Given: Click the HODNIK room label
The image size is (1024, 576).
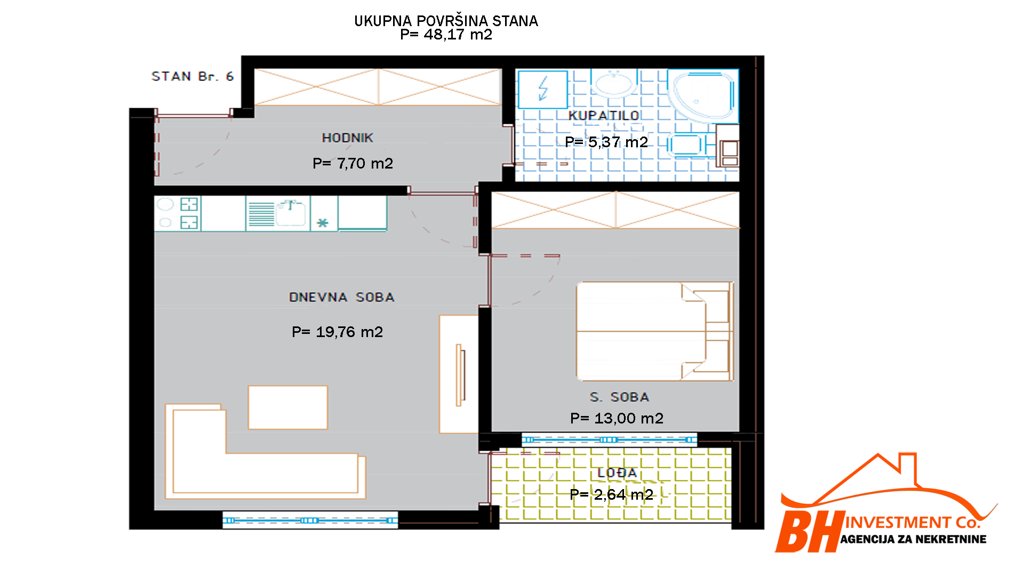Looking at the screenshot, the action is pos(347,138).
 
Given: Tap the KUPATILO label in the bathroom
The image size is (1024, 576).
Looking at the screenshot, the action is pos(603,115).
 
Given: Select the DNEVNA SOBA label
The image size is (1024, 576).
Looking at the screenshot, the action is pos(341,297).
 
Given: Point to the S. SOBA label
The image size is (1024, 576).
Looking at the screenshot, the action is pos(619,397).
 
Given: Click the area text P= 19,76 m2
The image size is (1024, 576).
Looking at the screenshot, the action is pos(337,332).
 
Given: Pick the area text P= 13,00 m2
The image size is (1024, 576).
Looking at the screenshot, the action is pos(617,418).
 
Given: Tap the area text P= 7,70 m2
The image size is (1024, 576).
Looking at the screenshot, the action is pos(353,163).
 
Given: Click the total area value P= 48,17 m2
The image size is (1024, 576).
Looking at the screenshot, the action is pos(446,35).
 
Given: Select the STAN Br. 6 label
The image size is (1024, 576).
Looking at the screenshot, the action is pos(193,76).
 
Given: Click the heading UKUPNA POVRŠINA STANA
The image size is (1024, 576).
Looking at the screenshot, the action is pos(446,21).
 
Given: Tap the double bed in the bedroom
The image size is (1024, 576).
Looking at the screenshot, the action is pos(655,331).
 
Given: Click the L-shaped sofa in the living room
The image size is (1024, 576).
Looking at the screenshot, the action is pos(265,451).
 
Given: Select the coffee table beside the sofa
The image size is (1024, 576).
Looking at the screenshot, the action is pos(287,407).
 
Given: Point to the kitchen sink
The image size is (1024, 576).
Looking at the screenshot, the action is pos(291,213).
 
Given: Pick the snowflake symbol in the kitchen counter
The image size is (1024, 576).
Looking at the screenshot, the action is pos(323,223).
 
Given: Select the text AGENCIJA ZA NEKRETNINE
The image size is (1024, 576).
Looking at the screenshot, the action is pos(913,539).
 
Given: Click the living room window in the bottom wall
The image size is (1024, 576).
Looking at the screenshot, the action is pos(310,520).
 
